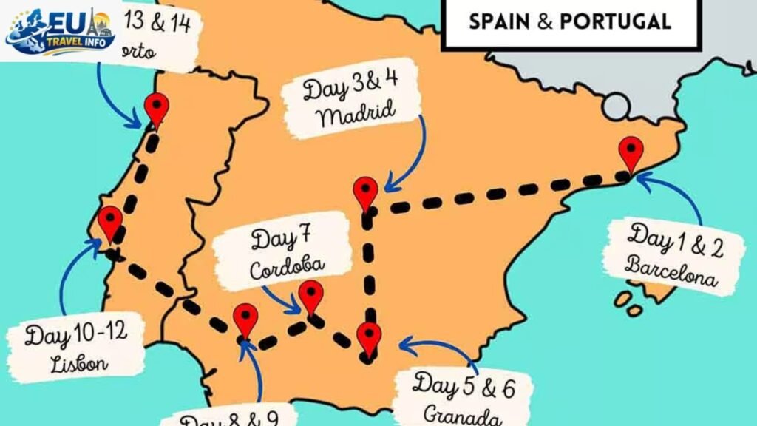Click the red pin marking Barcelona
coord(631,152)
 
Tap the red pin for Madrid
coord(365,192)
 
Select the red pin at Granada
coord(368,337)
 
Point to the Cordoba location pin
coord(310,295)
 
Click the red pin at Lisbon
coord(110,221)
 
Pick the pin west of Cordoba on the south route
coord(245,318)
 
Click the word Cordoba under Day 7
coord(287,268)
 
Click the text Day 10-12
coord(75,335)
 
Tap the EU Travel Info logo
coord(61,31)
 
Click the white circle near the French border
coord(617,108)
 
